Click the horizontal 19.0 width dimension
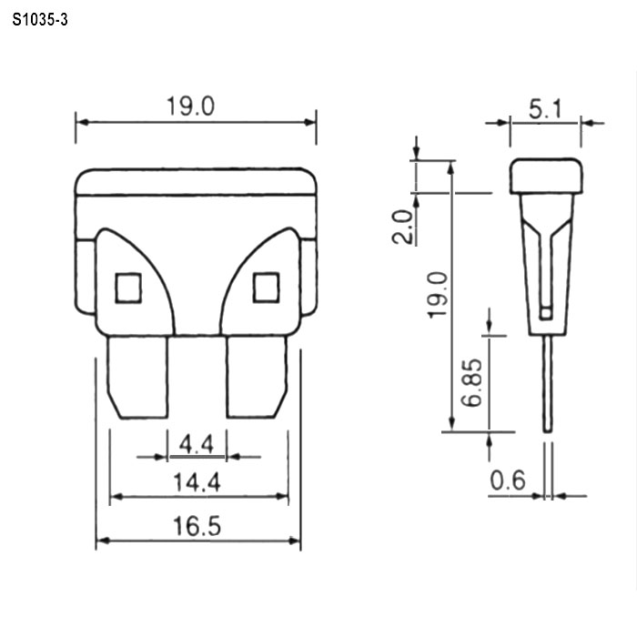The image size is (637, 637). click(190, 106)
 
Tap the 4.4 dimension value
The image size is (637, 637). click(197, 444)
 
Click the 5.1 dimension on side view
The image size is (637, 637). click(545, 110)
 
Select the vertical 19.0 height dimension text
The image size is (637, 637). click(438, 293)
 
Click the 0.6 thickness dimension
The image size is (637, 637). click(508, 480)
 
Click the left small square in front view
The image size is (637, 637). click(129, 288)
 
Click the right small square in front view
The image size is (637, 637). click(266, 288)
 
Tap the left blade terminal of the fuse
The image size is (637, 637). click(138, 377)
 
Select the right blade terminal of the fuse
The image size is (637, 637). click(257, 377)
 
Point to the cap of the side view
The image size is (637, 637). click(545, 177)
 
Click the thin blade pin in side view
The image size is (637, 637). click(547, 382)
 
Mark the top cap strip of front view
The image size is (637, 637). click(197, 181)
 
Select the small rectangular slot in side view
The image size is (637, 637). click(545, 312)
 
